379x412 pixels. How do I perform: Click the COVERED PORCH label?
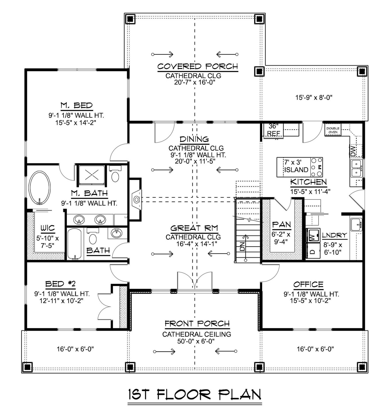pos(198,66)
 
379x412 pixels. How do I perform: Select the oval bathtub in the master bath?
pos(39,188)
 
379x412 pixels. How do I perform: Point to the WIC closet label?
pos(47,228)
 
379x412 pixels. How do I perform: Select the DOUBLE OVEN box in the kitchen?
pos(333,130)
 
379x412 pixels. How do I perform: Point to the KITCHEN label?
pos(308,182)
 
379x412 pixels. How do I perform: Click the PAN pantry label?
pos(281,224)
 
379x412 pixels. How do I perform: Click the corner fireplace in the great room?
pos(136,199)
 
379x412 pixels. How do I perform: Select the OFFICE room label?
pos(308,285)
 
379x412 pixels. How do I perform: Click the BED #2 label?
pos(60,284)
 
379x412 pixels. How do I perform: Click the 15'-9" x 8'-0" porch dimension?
pos(314,97)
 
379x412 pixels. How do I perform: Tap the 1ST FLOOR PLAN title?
pos(195,394)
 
